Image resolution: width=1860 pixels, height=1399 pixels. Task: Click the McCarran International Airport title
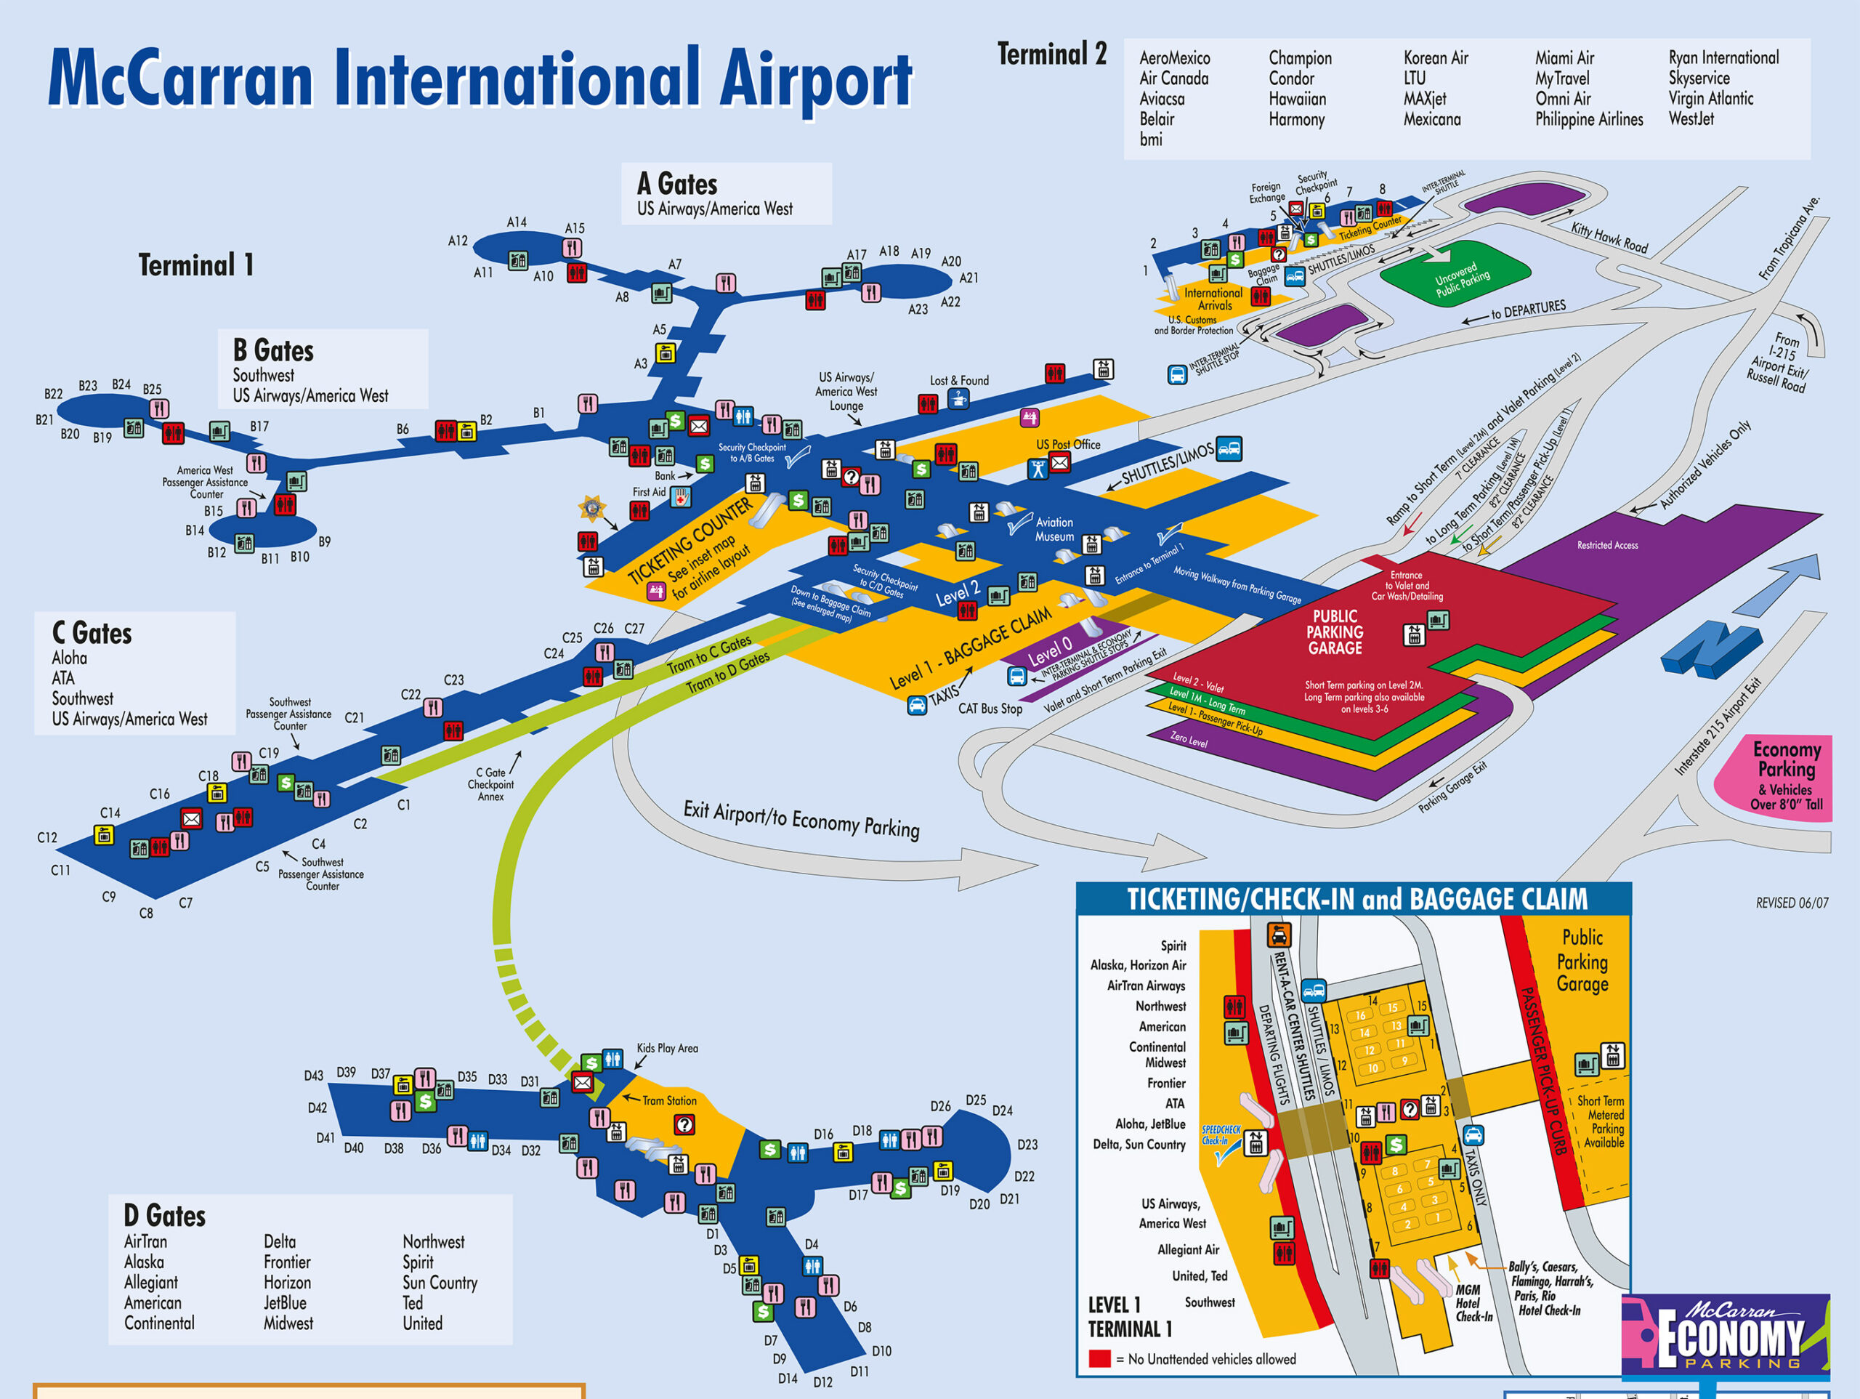[x=480, y=80]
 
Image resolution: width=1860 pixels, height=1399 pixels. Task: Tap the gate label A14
[x=517, y=222]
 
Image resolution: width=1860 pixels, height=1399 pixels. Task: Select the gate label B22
[x=53, y=394]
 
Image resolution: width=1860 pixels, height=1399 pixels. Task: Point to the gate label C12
[x=47, y=837]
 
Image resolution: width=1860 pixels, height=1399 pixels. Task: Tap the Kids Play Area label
[x=667, y=1048]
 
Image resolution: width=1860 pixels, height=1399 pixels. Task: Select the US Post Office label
[x=1068, y=444]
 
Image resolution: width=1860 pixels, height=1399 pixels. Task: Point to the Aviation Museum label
[x=1054, y=529]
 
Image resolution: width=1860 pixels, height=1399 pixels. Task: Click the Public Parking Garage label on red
[x=1335, y=632]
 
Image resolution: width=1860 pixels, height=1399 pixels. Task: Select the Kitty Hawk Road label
[x=1609, y=238]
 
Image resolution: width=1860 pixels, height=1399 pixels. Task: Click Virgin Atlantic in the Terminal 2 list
[x=1710, y=98]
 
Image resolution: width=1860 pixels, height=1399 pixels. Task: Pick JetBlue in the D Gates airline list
[x=285, y=1302]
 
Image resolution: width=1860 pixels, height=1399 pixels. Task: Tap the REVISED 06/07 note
[x=1791, y=903]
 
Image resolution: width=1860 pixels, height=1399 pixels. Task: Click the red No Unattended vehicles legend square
[x=1099, y=1358]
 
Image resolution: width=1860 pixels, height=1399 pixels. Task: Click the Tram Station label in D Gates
[x=668, y=1100]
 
